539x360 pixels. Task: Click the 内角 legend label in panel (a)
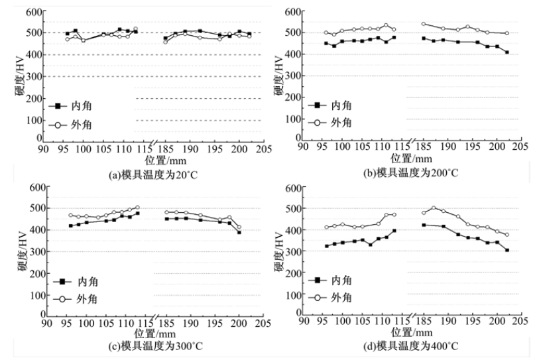(84, 105)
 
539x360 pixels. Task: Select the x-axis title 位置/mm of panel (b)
(410, 159)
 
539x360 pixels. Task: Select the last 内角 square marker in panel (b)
(507, 52)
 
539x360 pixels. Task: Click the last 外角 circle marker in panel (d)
(507, 235)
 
